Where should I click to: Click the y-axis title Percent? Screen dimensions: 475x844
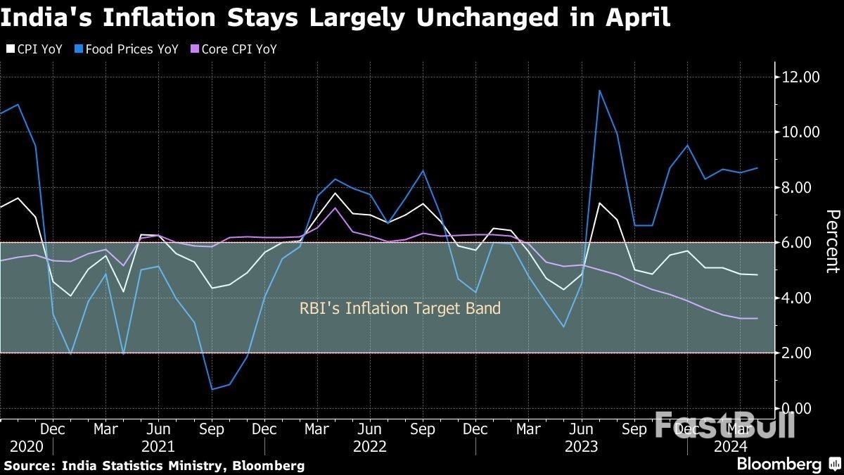832,241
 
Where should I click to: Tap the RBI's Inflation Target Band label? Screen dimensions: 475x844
400,308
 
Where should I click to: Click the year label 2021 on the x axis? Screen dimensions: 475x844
158,446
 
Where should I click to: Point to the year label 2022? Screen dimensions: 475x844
369,446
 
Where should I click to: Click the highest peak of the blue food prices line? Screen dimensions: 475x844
599,90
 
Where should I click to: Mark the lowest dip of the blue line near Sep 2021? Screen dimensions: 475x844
212,389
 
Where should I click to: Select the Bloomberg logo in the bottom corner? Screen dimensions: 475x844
779,464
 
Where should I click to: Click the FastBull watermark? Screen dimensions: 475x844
724,425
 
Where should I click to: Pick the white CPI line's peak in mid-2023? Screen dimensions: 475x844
599,203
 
